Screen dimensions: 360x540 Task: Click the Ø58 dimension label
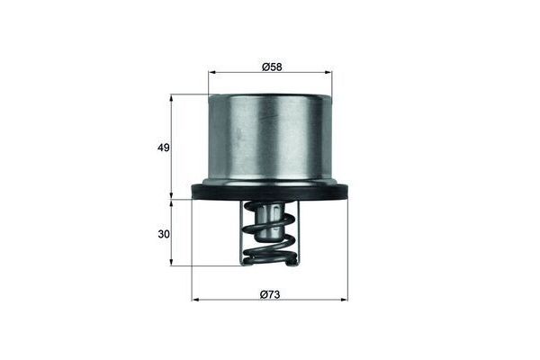(x=271, y=67)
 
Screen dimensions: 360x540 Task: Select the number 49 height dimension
(x=163, y=147)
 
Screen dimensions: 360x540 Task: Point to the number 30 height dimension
(x=163, y=234)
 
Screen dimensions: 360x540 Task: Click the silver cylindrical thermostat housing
(x=270, y=139)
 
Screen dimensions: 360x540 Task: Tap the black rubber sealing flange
(x=270, y=192)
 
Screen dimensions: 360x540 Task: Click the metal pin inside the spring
(x=269, y=220)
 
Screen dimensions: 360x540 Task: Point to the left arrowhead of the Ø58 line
(x=211, y=73)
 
